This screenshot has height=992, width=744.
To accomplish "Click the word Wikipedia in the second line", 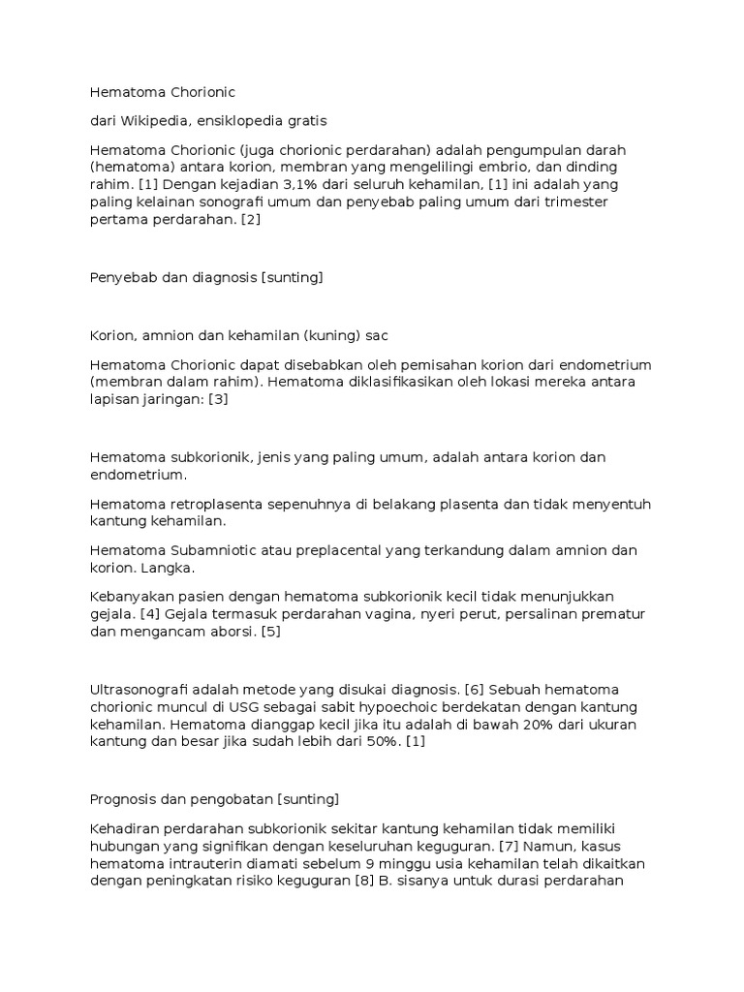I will tap(157, 121).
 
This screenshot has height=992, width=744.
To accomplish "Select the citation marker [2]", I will tap(250, 219).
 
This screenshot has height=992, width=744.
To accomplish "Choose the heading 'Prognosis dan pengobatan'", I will tap(181, 799).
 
